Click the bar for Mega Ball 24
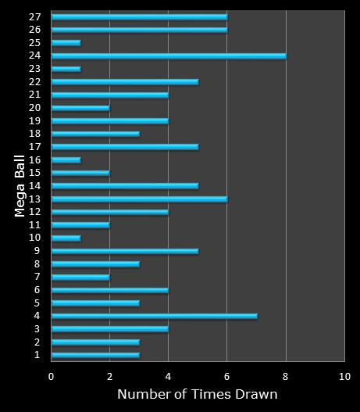tap(169, 56)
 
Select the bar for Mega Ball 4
tap(154, 316)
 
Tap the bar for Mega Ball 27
tap(139, 16)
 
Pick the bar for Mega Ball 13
tap(139, 199)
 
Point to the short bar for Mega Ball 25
tap(66, 42)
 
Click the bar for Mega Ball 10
tap(66, 238)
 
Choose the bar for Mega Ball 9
tap(125, 251)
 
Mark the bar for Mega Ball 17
tap(125, 146)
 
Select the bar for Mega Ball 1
tap(95, 355)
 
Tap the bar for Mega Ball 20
tap(80, 107)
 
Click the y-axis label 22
tap(34, 81)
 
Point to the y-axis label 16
tap(34, 159)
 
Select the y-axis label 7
tap(37, 277)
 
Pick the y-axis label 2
tap(37, 342)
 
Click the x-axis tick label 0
tap(52, 376)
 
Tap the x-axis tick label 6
tap(227, 376)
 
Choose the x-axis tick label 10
tap(344, 376)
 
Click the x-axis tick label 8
tap(286, 376)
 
